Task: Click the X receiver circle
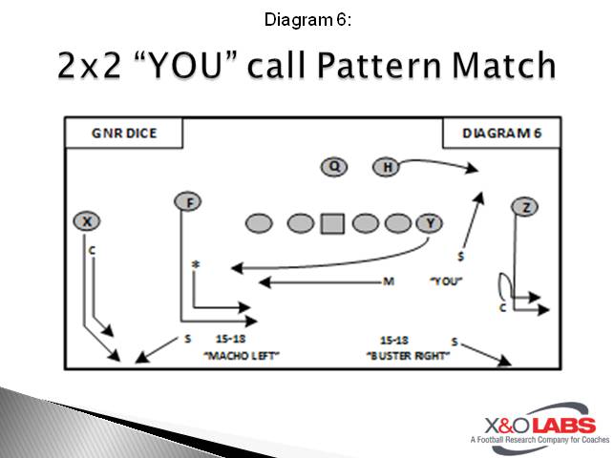[x=87, y=221]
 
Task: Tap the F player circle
[x=188, y=201]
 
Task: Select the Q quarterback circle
[x=333, y=168]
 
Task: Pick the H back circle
[x=387, y=168]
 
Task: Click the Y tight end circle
[x=431, y=223]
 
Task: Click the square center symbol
[x=331, y=223]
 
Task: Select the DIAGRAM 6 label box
[x=501, y=134]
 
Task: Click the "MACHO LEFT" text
[x=235, y=355]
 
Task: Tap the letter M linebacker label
[x=389, y=281]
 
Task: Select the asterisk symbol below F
[x=196, y=264]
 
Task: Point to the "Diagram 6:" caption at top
[x=306, y=18]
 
